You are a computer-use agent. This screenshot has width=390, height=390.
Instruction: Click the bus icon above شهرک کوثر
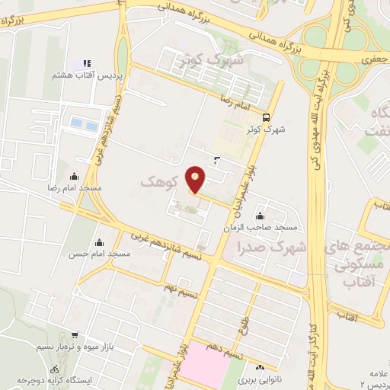[x=266, y=117]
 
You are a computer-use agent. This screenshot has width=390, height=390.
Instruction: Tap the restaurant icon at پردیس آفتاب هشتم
[x=87, y=64]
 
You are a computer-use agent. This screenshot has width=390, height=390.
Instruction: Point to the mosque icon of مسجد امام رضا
[x=74, y=177]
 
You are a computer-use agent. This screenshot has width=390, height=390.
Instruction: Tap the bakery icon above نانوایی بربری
[x=261, y=366]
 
